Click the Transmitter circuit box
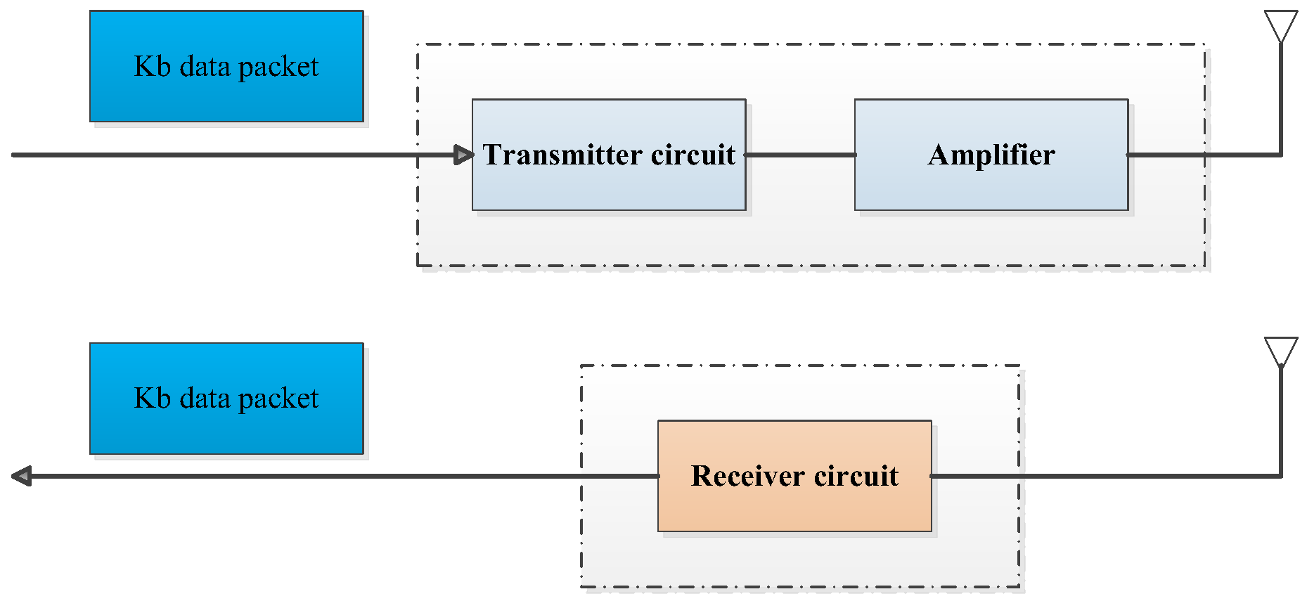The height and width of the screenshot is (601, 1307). [x=609, y=183]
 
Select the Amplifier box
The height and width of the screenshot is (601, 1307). [x=991, y=183]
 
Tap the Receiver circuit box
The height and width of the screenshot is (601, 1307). [x=794, y=506]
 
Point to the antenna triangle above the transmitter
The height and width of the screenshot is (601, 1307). [x=1281, y=25]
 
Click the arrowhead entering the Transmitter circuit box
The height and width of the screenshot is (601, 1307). [x=464, y=155]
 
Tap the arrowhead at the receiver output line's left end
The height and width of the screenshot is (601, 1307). [x=21, y=476]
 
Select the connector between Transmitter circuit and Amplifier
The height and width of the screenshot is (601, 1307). [x=800, y=155]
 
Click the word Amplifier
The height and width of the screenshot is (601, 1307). [x=991, y=155]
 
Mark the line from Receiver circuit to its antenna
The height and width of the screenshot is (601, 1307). [x=1104, y=476]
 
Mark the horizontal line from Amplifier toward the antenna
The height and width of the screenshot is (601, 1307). [x=1202, y=155]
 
